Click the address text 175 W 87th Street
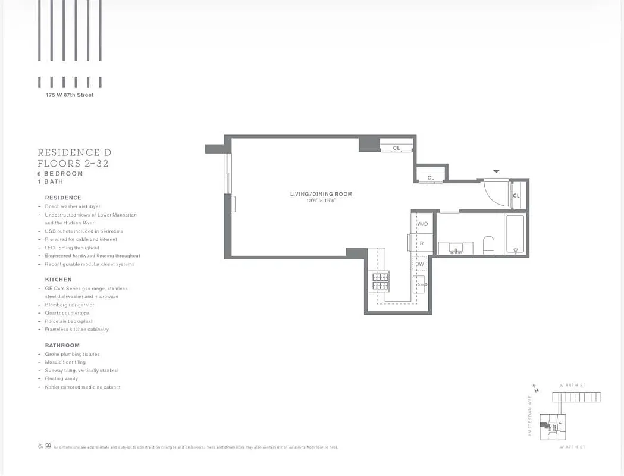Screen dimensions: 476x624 (70, 95)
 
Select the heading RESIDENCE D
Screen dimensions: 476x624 (74, 153)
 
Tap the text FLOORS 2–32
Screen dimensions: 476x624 (73, 164)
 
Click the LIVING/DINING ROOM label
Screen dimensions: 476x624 (321, 194)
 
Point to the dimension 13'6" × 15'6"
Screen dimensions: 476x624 (321, 201)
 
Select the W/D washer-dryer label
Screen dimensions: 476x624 (422, 224)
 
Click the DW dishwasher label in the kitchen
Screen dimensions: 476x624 (420, 264)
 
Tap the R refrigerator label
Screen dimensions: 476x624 (421, 243)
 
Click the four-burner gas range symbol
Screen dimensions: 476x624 (380, 281)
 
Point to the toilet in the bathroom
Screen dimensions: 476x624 (488, 245)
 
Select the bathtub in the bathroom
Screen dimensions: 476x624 (515, 234)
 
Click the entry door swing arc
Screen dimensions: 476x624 (495, 193)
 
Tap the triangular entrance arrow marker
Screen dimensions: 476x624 (496, 172)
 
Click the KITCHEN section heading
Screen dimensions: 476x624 (58, 280)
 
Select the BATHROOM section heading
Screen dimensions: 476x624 (62, 346)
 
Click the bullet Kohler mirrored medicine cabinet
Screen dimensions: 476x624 (83, 387)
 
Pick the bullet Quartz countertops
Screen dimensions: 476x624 (67, 313)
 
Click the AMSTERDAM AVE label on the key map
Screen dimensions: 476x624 (529, 416)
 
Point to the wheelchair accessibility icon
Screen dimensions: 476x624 (41, 446)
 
